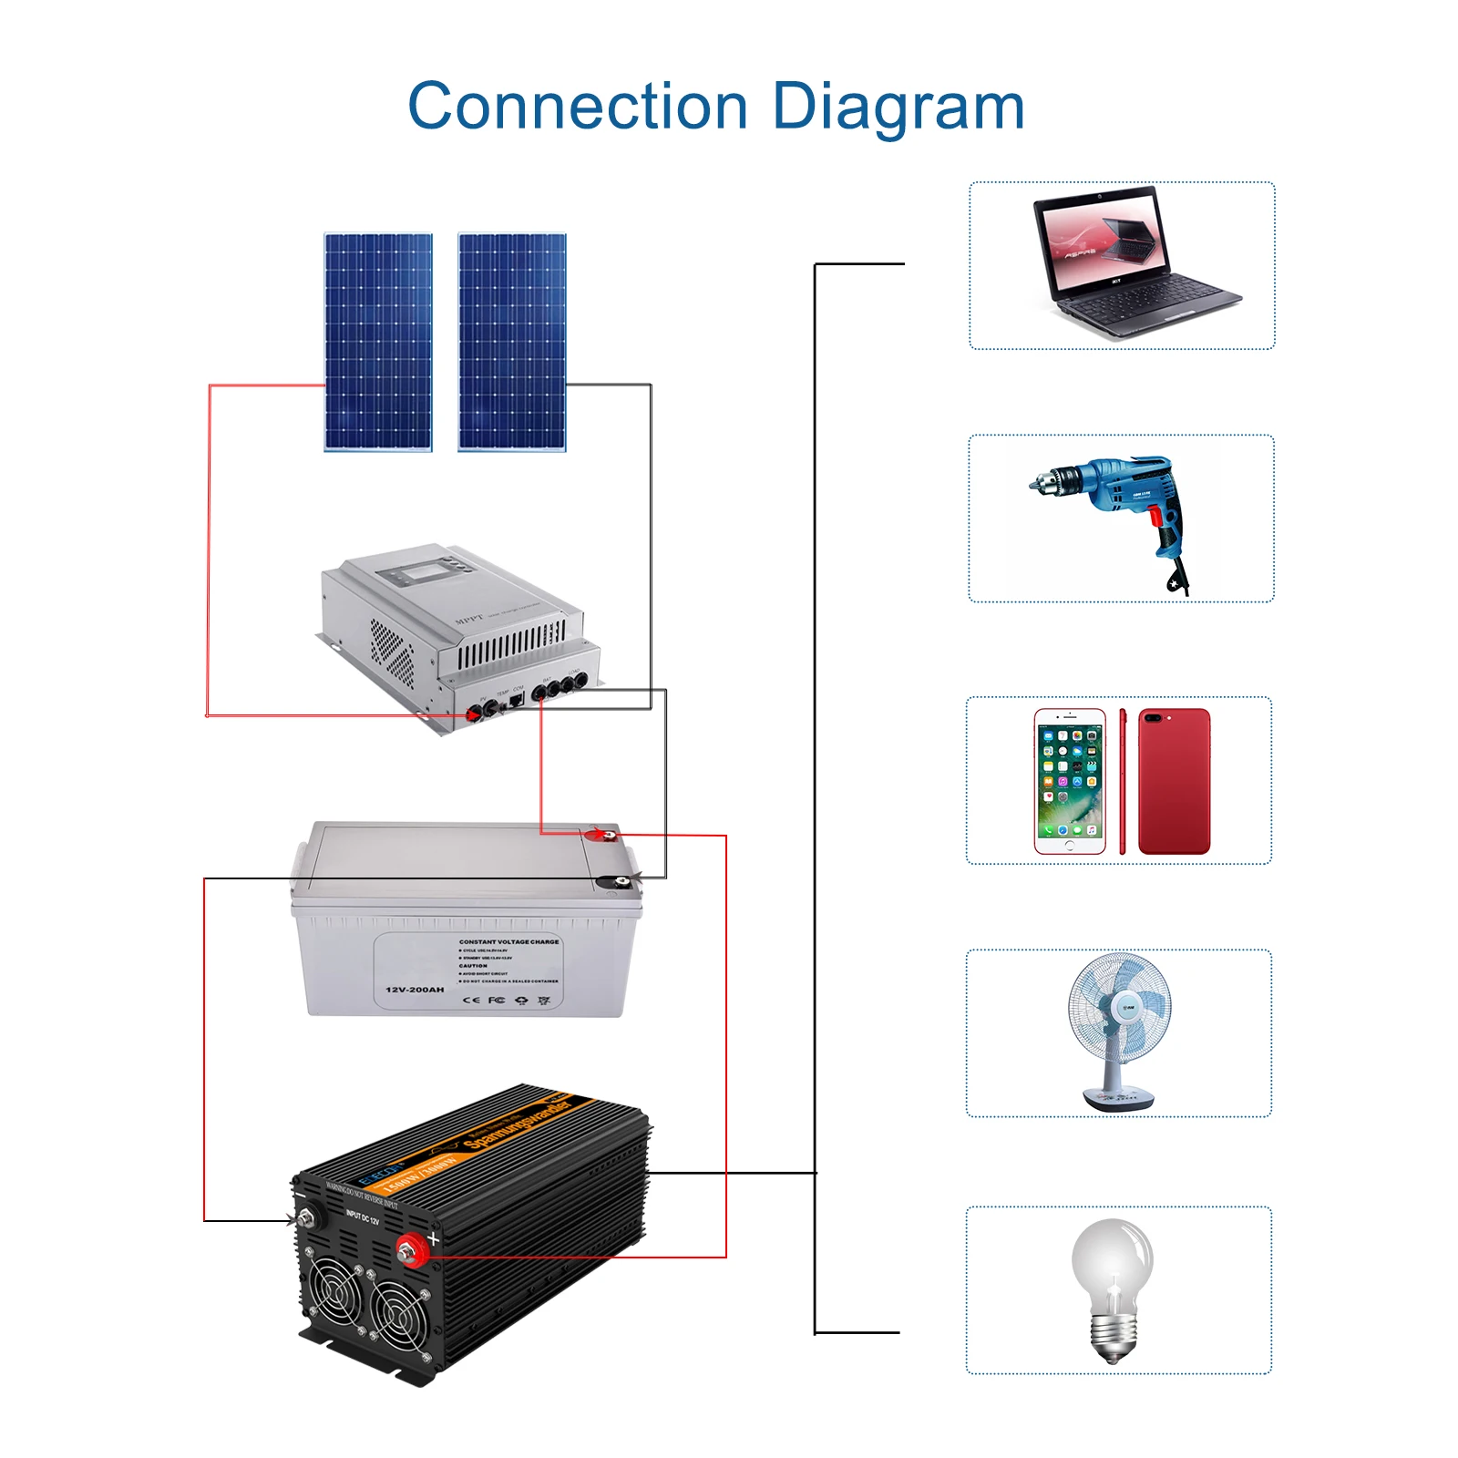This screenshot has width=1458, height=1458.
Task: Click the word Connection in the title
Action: pyautogui.click(x=577, y=107)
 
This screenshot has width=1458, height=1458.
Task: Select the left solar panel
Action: pyautogui.click(x=378, y=342)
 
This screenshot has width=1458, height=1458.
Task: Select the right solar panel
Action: pyautogui.click(x=512, y=342)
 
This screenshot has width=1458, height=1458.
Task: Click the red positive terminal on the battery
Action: pyautogui.click(x=601, y=834)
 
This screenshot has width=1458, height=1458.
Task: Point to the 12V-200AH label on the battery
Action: pyautogui.click(x=415, y=990)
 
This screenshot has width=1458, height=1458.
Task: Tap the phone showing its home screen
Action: pyautogui.click(x=1070, y=781)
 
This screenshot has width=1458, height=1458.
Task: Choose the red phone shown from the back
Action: pyautogui.click(x=1175, y=781)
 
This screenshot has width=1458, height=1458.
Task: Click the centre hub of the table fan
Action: pyautogui.click(x=1126, y=1008)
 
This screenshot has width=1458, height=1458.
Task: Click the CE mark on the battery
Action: pyautogui.click(x=471, y=1001)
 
